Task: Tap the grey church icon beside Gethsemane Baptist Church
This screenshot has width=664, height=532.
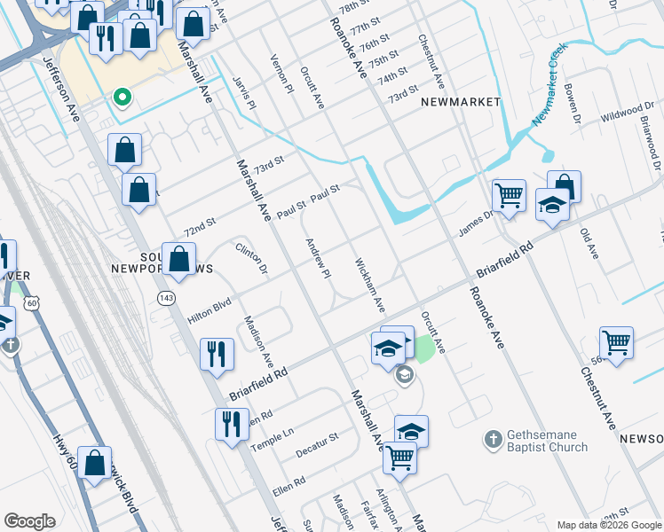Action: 493,439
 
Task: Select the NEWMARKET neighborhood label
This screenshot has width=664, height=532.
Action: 461,102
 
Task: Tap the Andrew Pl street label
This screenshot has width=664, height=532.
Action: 318,257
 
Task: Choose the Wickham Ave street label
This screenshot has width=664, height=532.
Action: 369,285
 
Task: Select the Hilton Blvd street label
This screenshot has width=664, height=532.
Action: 209,310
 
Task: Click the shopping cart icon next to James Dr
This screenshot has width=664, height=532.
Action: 509,194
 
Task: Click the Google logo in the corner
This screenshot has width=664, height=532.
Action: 29,521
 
